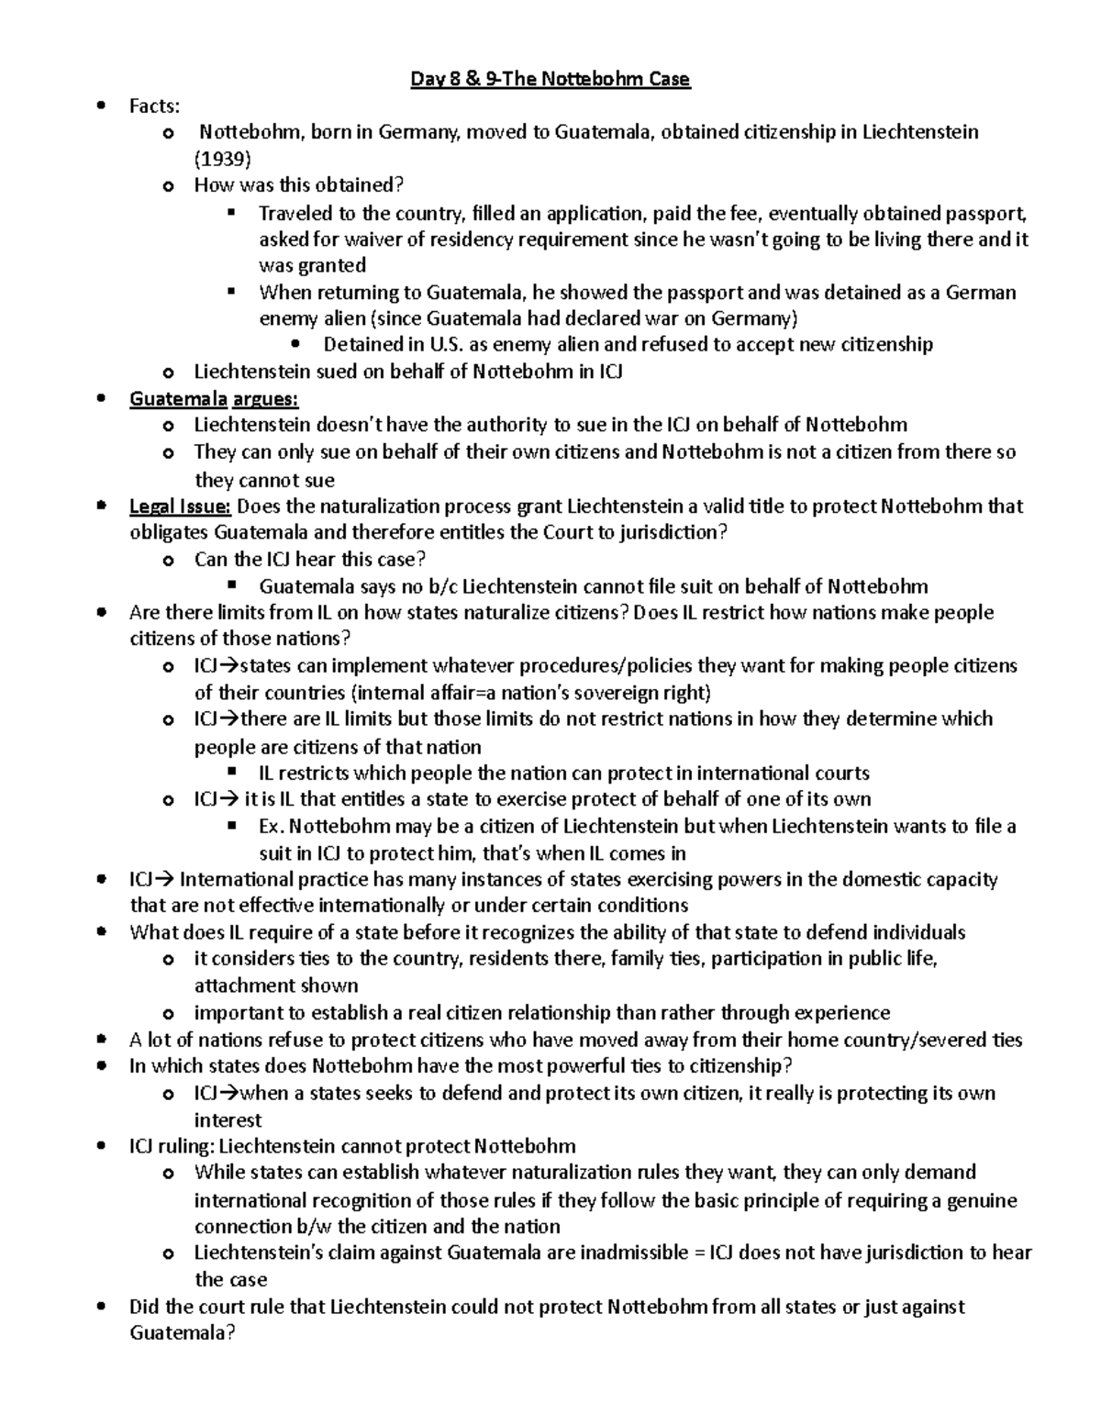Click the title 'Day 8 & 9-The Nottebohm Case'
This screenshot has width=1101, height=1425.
(x=550, y=80)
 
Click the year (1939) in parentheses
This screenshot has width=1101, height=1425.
(x=222, y=159)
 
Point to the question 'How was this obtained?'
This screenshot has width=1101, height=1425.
(x=298, y=185)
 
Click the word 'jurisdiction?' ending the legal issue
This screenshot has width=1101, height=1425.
(x=675, y=532)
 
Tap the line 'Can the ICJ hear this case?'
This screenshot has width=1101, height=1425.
(x=310, y=560)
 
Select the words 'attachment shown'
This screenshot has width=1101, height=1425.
(x=275, y=985)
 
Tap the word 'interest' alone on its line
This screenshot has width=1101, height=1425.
(x=228, y=1120)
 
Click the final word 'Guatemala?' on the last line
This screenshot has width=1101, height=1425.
(x=183, y=1333)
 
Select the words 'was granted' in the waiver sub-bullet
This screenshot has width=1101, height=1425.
(x=312, y=266)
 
